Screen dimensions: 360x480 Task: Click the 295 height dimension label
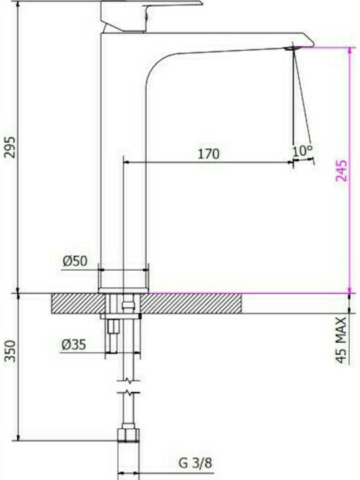10,147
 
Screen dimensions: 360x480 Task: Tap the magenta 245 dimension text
341,171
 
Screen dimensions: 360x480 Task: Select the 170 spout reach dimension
209,154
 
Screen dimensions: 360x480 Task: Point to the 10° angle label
303,151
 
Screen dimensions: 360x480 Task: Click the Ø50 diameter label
75,261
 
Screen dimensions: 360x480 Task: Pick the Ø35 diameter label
73,345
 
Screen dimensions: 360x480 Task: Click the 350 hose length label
10,351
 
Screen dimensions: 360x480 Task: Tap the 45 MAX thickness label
341,340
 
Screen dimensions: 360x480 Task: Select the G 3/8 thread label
195,463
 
